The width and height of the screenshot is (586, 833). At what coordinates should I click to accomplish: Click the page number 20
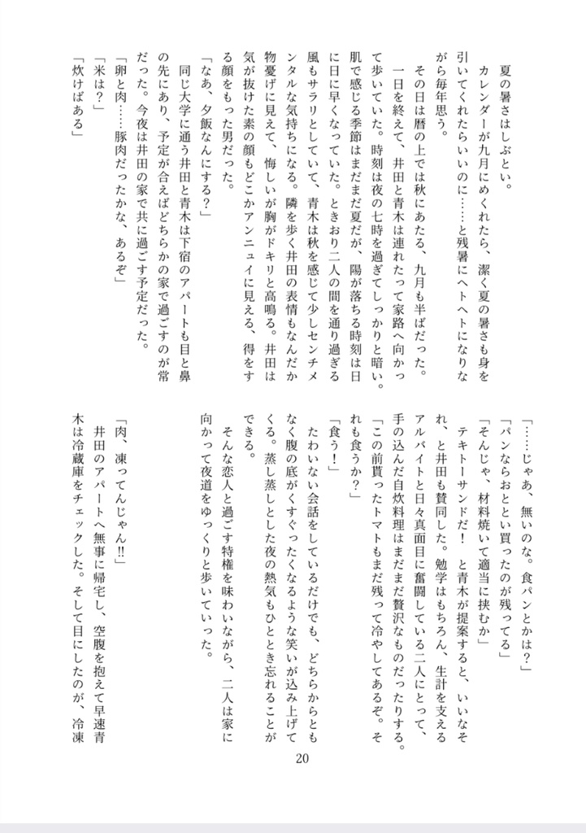(x=302, y=758)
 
